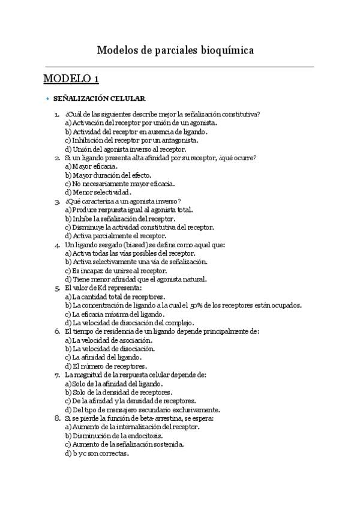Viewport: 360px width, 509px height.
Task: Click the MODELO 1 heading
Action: pyautogui.click(x=71, y=79)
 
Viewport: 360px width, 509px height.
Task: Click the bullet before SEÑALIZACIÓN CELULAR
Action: pyautogui.click(x=47, y=98)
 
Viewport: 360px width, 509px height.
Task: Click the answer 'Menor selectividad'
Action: pyautogui.click(x=97, y=192)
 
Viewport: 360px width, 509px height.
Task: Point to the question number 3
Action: pyautogui.click(x=56, y=201)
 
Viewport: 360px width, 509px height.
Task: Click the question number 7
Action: pyautogui.click(x=56, y=375)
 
